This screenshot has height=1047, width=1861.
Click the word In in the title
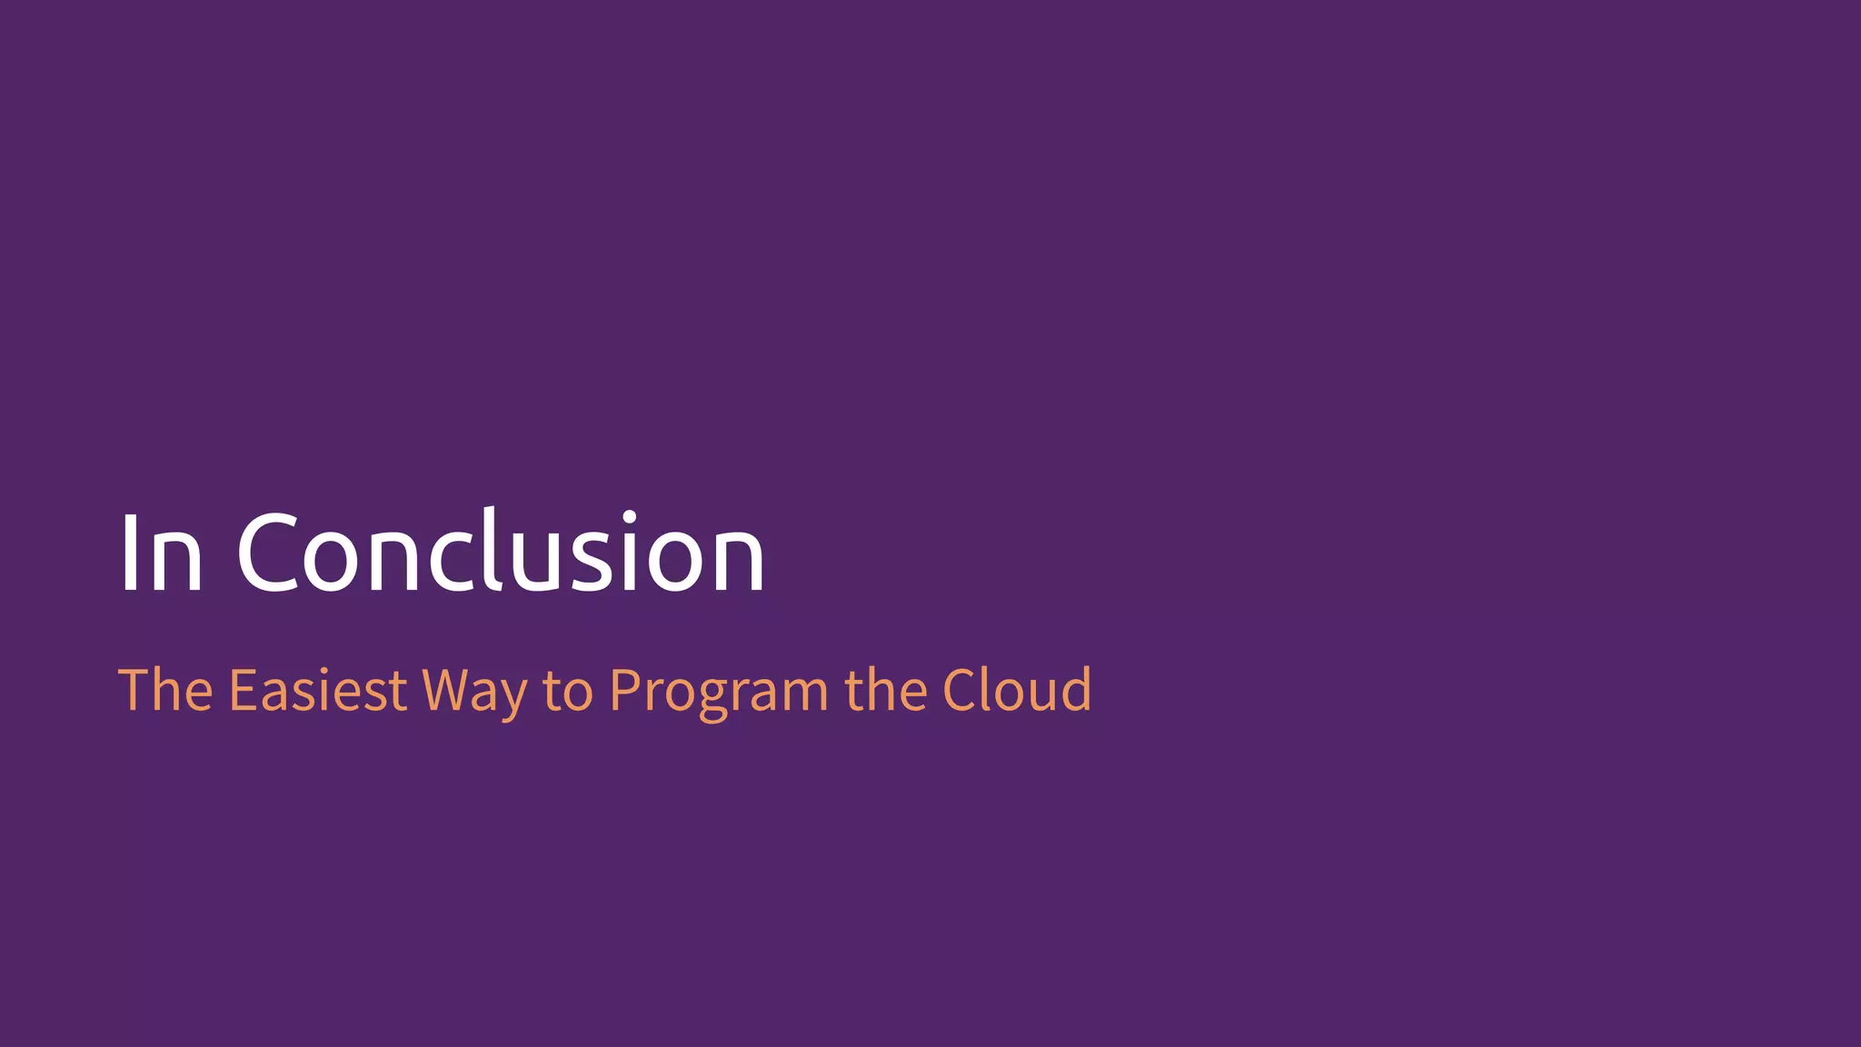pyautogui.click(x=160, y=552)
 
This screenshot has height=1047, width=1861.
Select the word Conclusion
pyautogui.click(x=501, y=552)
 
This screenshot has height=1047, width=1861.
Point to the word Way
pyautogui.click(x=474, y=691)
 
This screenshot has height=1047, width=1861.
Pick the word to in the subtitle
pyautogui.click(x=568, y=691)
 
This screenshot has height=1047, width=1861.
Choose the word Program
pyautogui.click(x=718, y=691)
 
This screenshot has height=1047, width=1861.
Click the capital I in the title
pyautogui.click(x=128, y=552)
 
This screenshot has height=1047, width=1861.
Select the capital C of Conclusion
pyautogui.click(x=267, y=552)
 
